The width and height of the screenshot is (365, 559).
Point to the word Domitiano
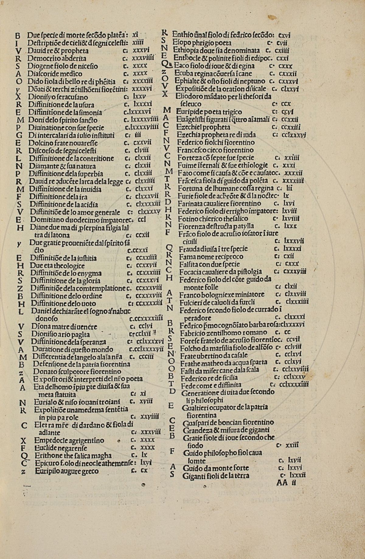44,220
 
